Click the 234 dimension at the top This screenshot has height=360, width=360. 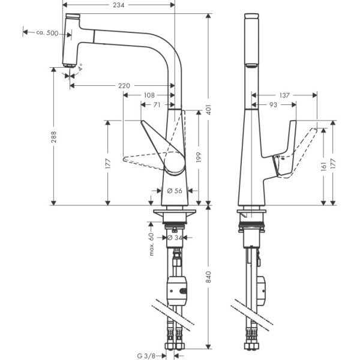click(x=119, y=4)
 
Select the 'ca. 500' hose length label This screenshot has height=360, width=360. click(x=46, y=34)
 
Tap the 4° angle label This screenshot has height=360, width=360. click(x=80, y=68)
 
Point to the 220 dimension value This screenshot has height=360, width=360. click(x=124, y=86)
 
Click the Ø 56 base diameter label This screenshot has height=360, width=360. click(x=175, y=191)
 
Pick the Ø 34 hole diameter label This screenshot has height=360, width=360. click(x=174, y=238)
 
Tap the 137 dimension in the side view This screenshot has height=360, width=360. click(x=284, y=95)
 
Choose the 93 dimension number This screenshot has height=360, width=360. click(x=273, y=104)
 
